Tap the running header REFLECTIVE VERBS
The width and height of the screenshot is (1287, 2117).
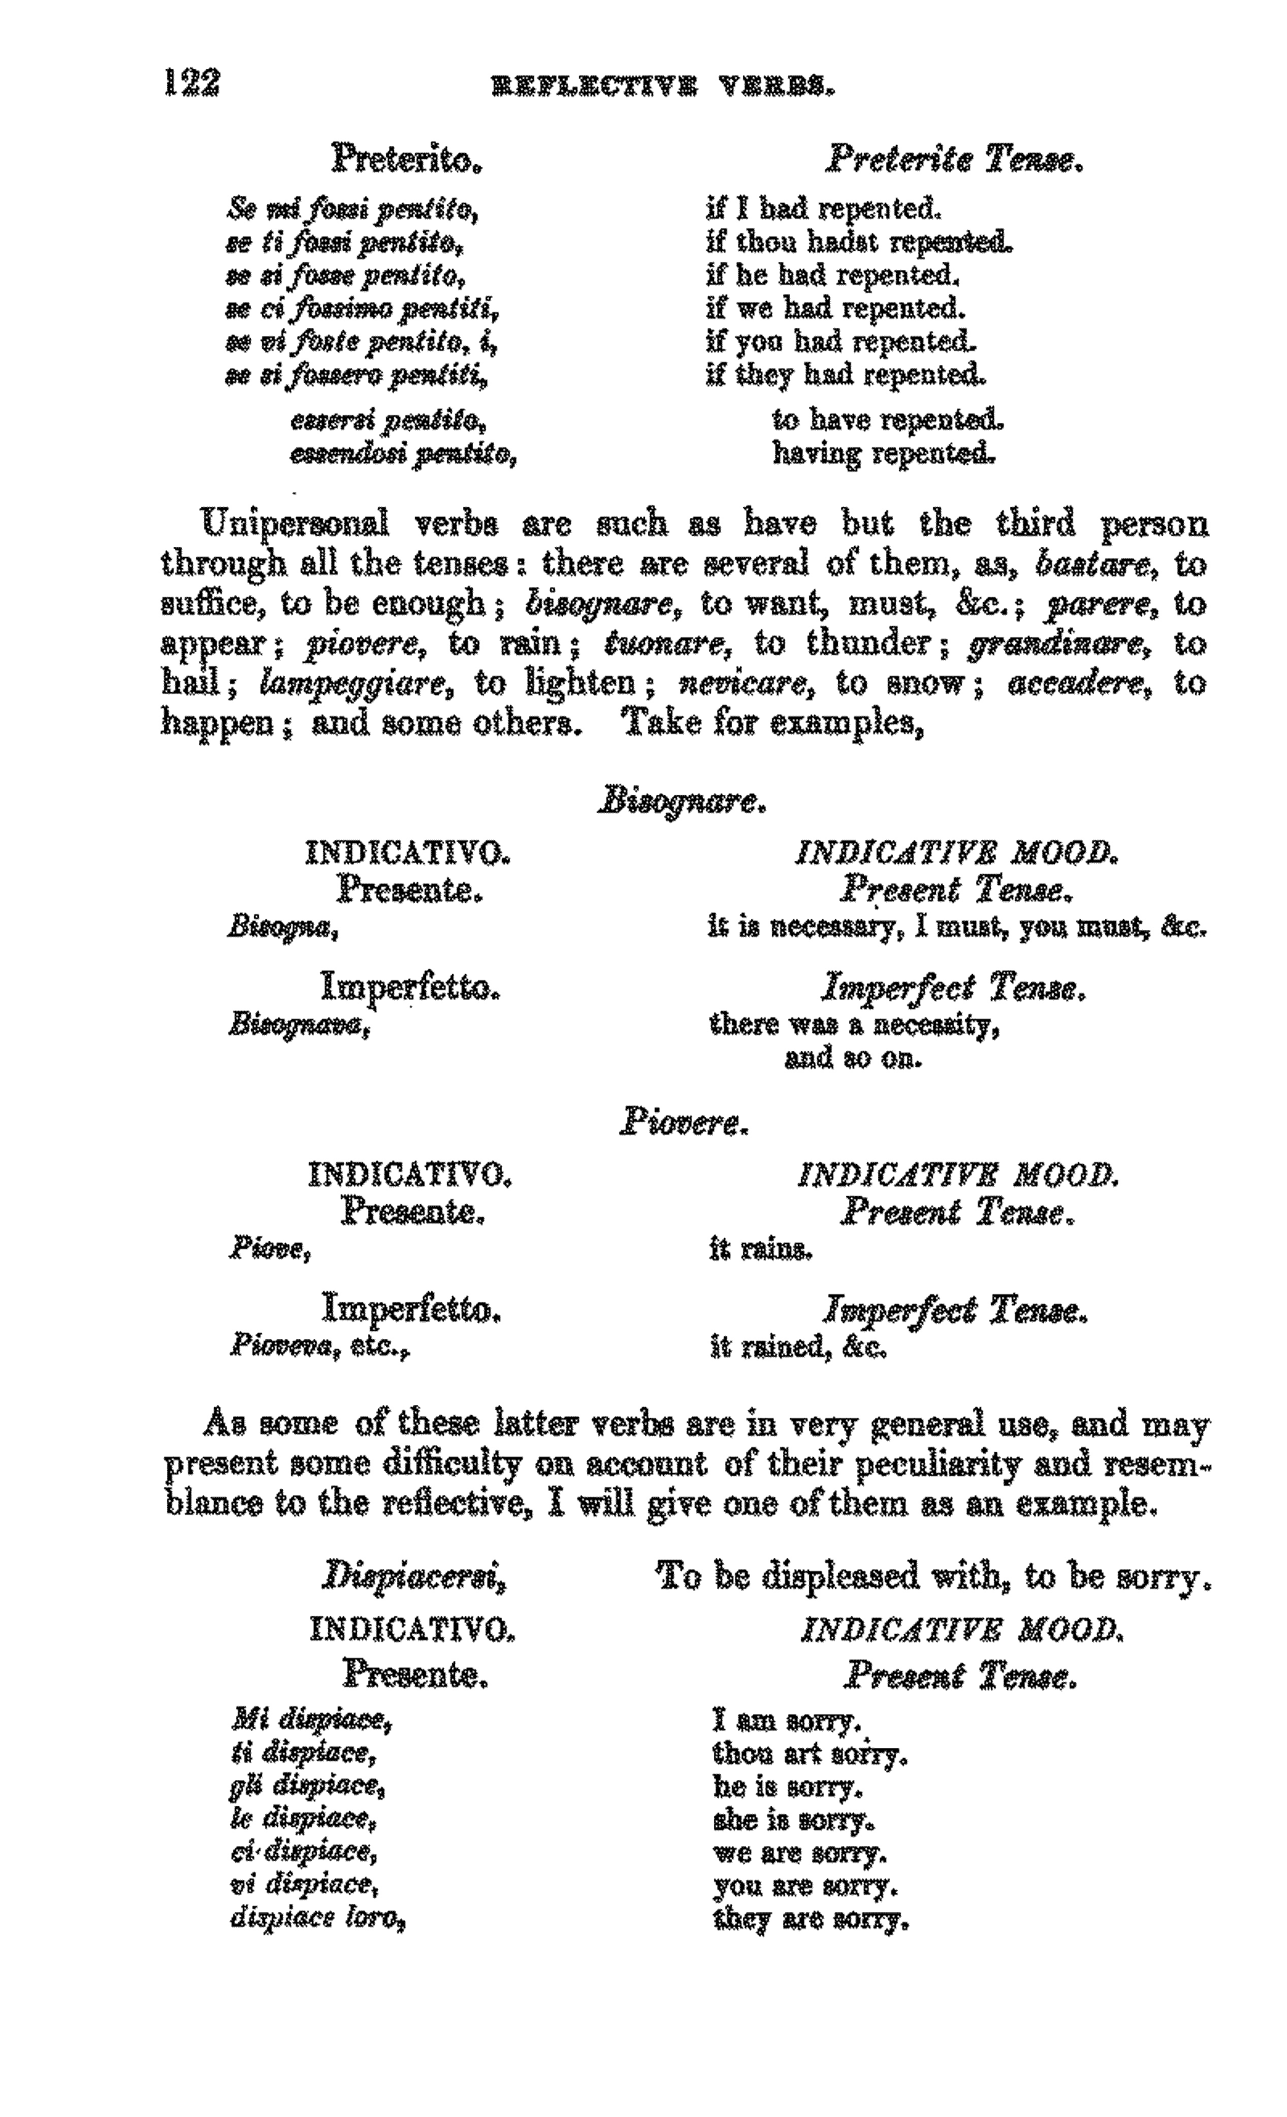tap(662, 86)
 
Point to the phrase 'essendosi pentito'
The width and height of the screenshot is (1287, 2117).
tap(403, 453)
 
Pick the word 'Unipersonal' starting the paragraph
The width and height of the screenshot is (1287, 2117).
tap(295, 523)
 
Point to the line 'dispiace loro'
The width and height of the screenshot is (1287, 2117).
tap(318, 1918)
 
